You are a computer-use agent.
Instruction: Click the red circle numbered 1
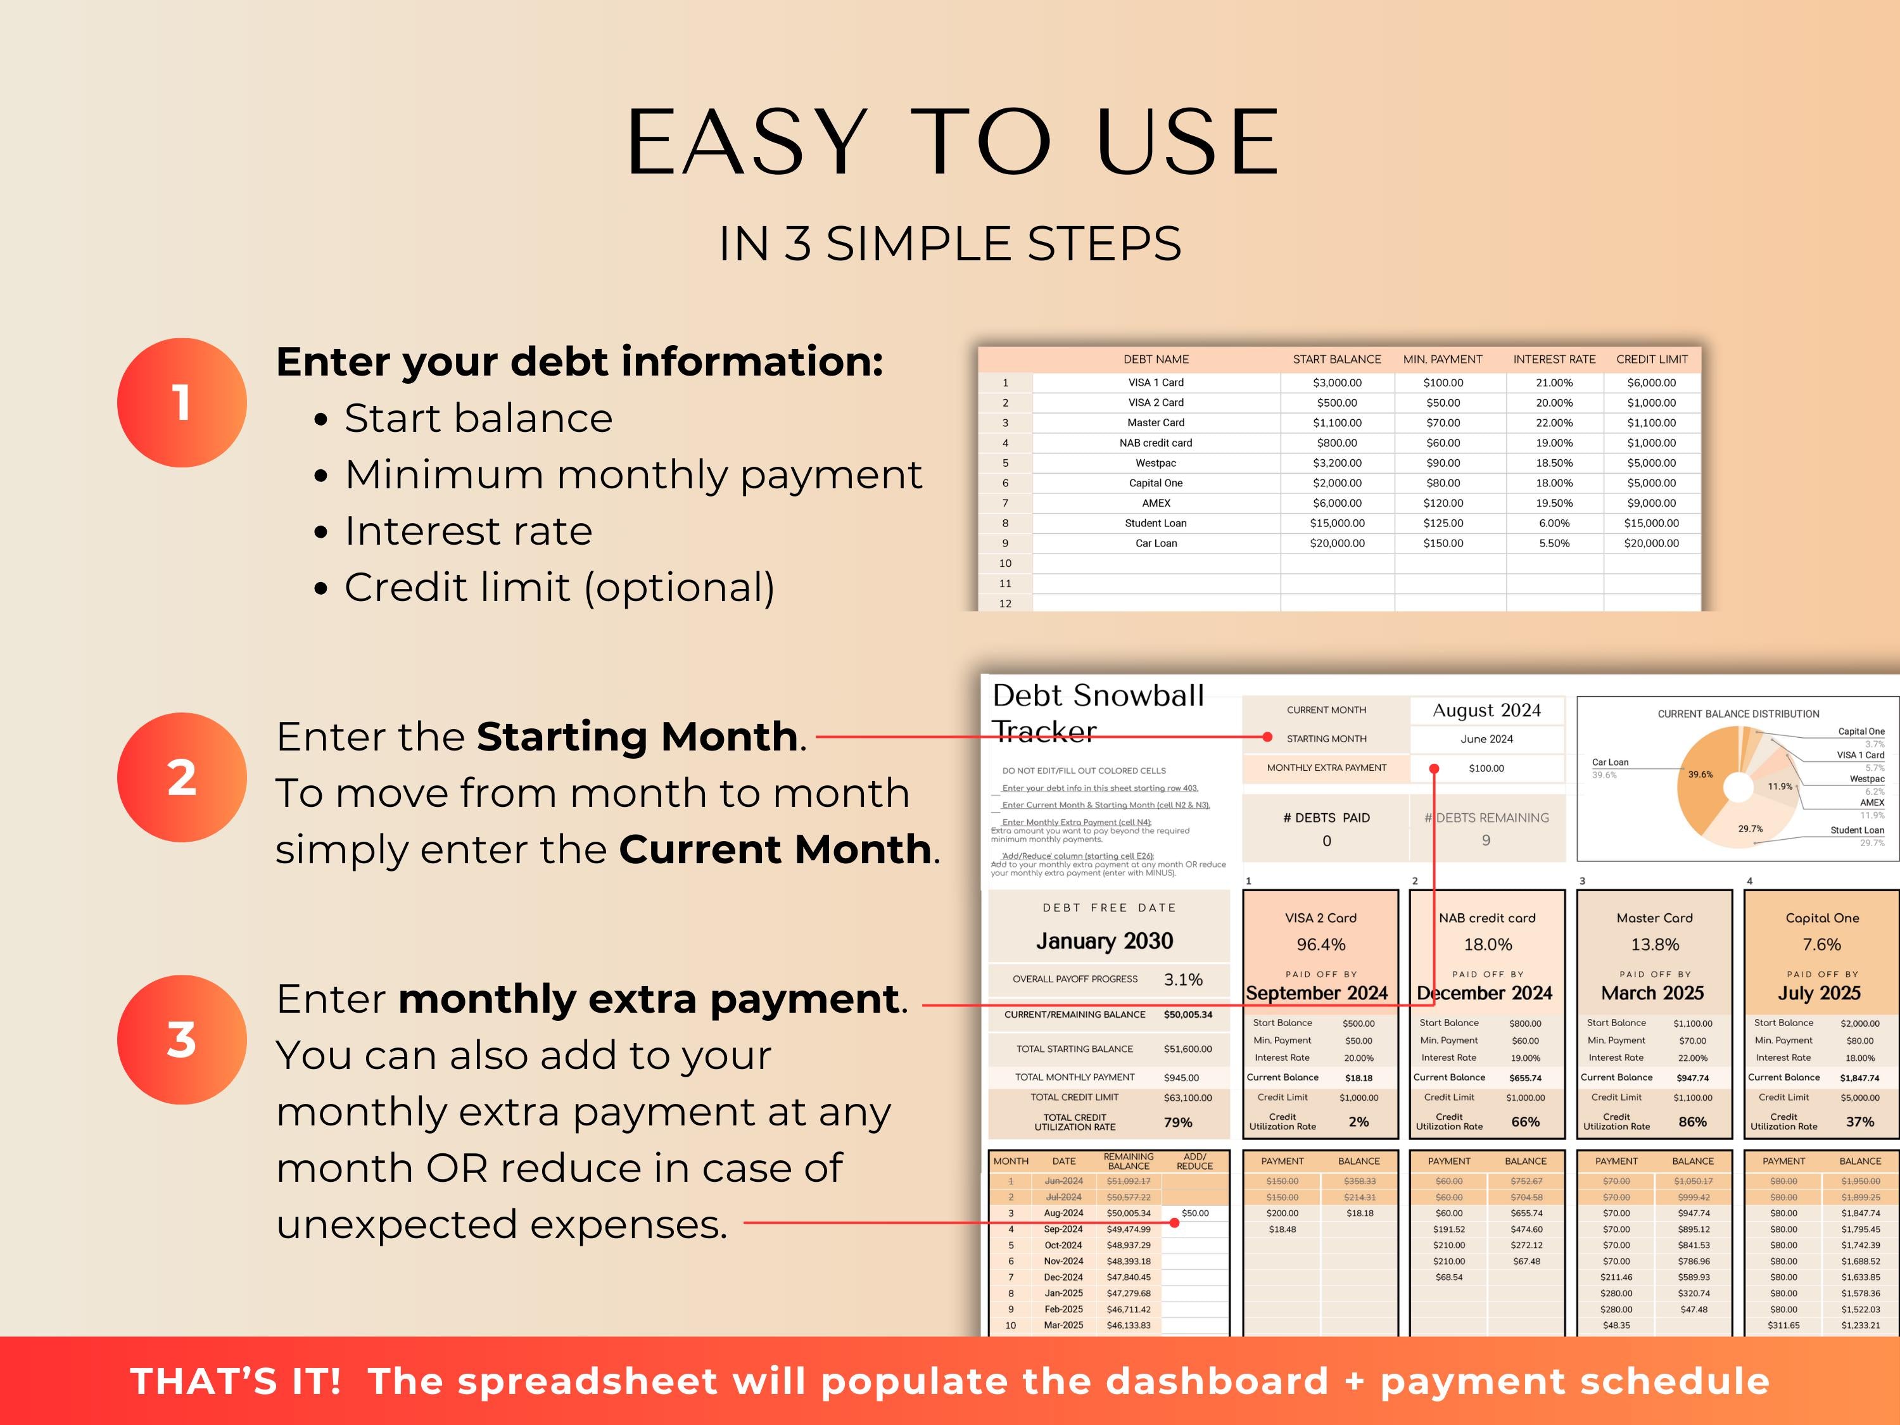coord(181,402)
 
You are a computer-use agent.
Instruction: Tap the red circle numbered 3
coord(181,1039)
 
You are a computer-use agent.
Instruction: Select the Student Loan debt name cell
coord(1155,523)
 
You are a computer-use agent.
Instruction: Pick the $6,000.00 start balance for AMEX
coord(1336,503)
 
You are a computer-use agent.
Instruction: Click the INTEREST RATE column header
coord(1554,359)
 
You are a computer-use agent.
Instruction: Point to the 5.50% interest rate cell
coord(1554,543)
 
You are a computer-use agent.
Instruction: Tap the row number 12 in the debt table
coord(1005,604)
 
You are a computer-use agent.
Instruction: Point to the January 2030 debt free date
coord(1105,941)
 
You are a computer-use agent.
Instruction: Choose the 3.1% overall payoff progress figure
coord(1183,980)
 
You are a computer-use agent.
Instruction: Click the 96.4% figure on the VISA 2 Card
coord(1321,945)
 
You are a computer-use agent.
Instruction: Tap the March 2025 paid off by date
coord(1652,994)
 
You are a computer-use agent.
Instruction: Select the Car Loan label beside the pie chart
coord(1610,762)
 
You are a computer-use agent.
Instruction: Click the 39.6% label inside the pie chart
coord(1700,775)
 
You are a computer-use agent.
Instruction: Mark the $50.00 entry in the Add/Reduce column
coord(1195,1213)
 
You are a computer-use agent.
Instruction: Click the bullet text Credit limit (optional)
coord(559,588)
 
